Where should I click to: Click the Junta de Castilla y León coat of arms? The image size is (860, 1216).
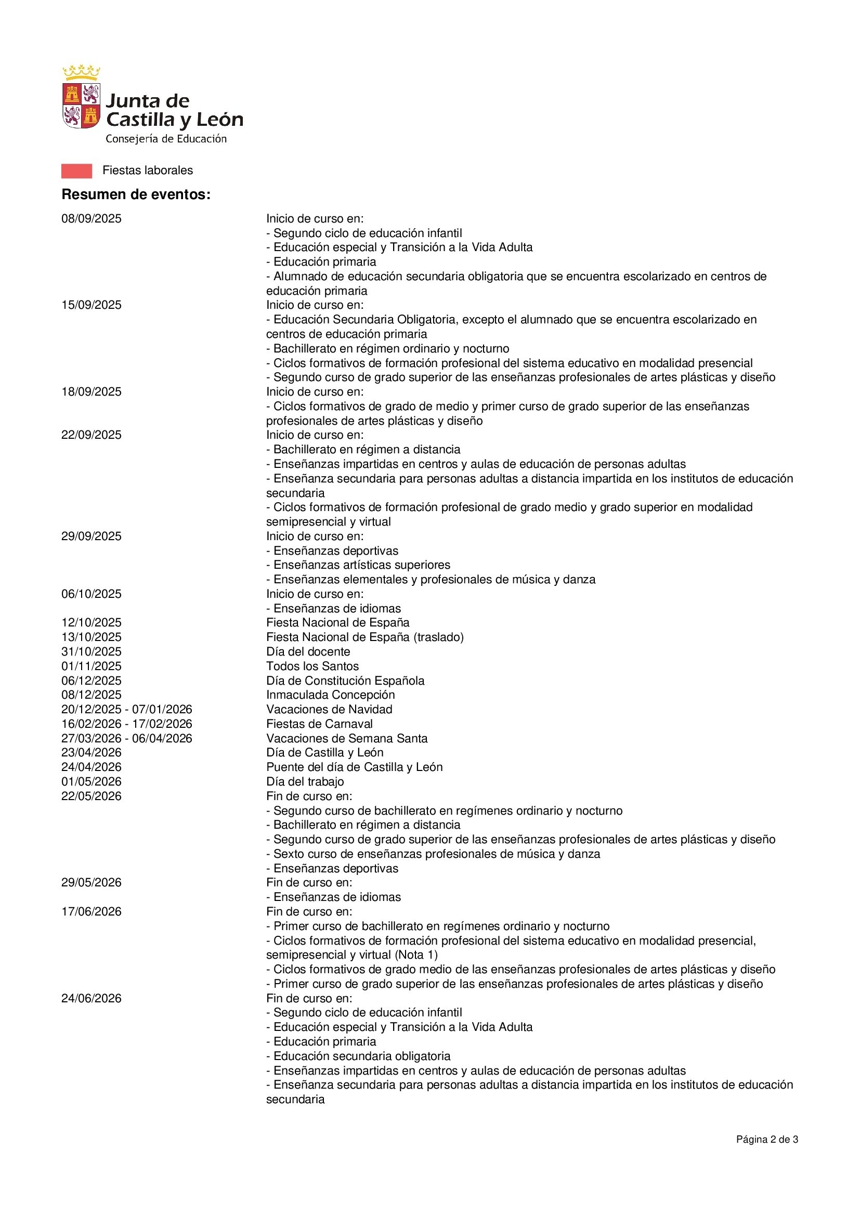81,97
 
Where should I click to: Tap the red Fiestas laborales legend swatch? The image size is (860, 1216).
77,171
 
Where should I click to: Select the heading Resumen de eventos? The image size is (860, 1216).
136,194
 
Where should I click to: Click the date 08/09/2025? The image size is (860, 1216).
92,219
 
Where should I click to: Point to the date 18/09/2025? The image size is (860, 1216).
92,392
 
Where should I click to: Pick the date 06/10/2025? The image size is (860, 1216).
92,594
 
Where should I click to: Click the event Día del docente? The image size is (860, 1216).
308,652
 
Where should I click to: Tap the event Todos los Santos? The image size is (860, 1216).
312,666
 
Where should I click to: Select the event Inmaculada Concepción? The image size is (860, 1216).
331,695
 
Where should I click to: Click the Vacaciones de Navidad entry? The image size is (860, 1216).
329,710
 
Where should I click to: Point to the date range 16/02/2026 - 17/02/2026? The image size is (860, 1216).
126,724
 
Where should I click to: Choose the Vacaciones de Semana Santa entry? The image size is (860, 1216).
347,739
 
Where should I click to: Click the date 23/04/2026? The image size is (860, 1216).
92,753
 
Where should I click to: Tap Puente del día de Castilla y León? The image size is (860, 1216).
354,767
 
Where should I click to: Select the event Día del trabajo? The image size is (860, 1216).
305,782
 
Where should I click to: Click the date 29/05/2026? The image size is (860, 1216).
92,883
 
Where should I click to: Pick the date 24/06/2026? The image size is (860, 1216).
92,998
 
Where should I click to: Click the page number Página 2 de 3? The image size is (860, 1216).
767,1140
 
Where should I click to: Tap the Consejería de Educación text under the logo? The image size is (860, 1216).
166,139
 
